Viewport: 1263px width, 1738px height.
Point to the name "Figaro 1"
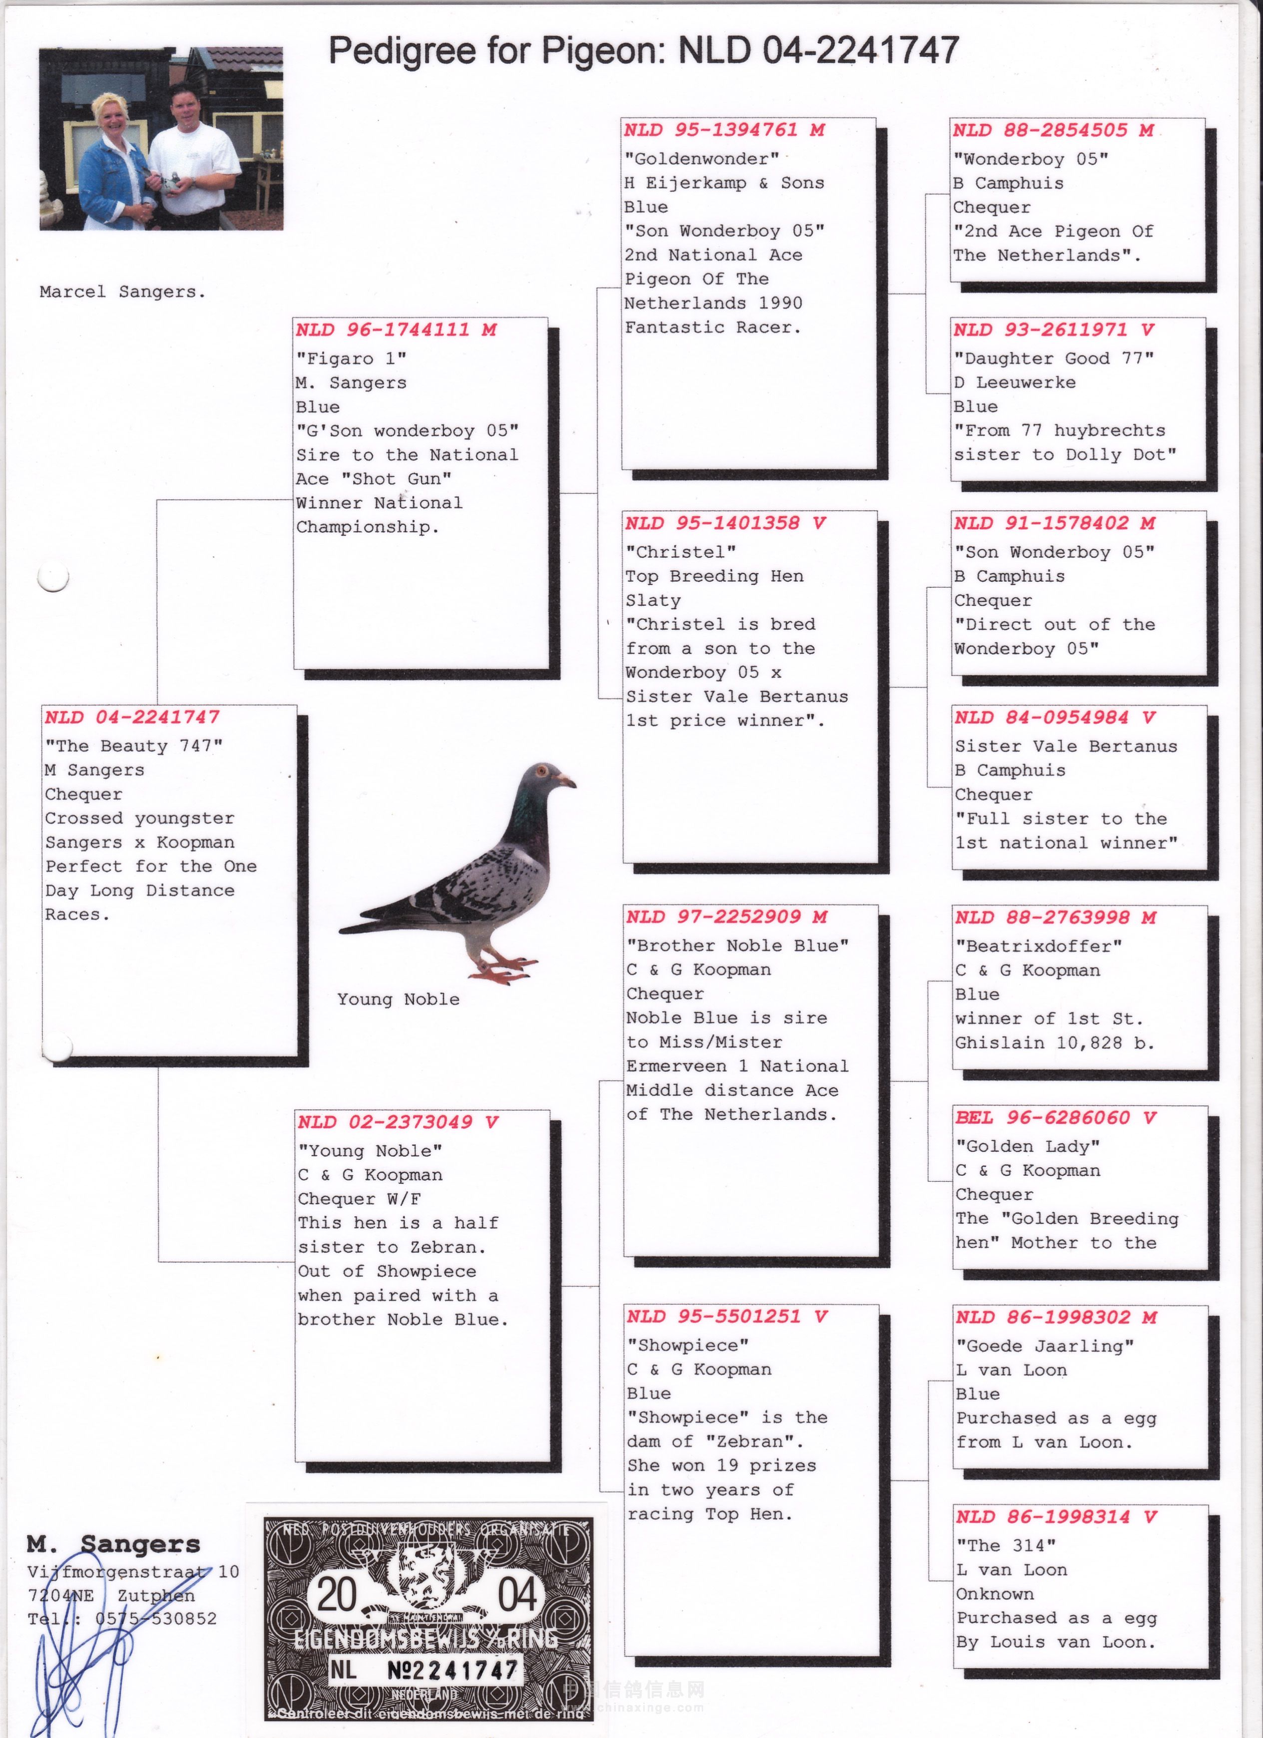pyautogui.click(x=351, y=358)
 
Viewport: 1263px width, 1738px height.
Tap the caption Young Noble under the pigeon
pyautogui.click(x=398, y=999)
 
